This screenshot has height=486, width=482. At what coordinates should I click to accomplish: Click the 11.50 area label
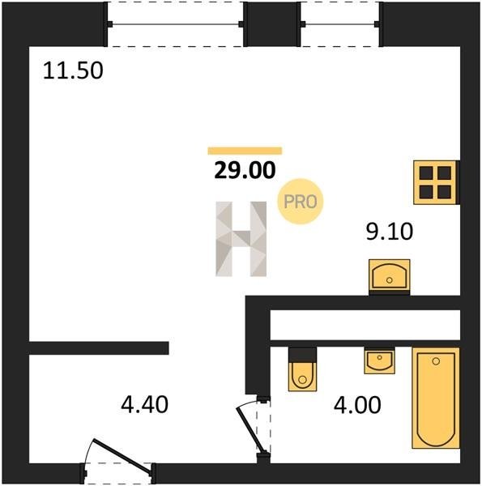click(73, 71)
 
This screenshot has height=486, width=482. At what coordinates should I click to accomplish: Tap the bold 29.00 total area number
click(245, 170)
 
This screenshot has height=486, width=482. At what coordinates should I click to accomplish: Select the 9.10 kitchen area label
click(390, 232)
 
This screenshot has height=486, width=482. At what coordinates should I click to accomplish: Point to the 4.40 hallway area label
click(144, 405)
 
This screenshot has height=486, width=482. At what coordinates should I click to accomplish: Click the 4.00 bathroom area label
click(357, 405)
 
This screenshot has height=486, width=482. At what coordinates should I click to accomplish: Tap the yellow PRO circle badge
click(300, 202)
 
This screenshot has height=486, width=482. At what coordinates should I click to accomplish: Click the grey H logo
click(241, 239)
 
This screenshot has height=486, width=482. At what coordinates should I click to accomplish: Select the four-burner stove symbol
click(436, 182)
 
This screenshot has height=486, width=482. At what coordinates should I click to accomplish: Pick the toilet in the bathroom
click(302, 369)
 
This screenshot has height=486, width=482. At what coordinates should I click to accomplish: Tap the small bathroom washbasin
click(379, 361)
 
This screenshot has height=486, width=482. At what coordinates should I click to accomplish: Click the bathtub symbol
click(436, 398)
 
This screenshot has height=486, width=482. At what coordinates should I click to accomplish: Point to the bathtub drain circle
click(436, 361)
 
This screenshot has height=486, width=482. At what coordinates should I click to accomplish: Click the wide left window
click(176, 24)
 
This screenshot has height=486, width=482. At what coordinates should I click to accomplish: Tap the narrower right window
click(340, 24)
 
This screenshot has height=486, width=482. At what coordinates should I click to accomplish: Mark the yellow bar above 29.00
click(245, 151)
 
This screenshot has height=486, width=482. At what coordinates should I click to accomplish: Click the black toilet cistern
click(302, 355)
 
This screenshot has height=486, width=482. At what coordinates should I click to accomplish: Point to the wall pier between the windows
click(272, 24)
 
